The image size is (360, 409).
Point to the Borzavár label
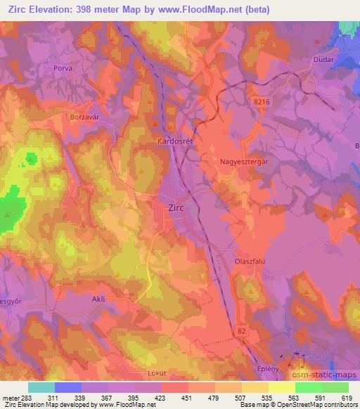click(86, 117)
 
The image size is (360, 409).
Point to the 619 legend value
click(347, 396)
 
